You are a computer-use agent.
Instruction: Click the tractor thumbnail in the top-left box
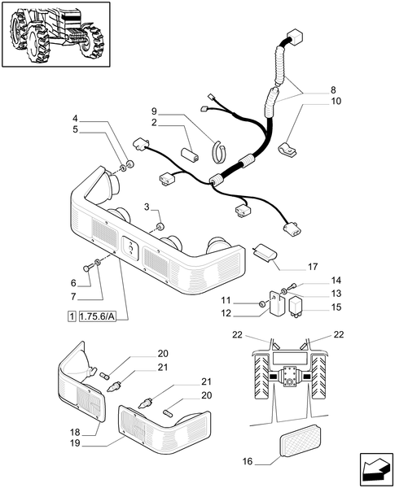(x=56, y=34)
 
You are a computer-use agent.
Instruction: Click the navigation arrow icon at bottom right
(x=376, y=469)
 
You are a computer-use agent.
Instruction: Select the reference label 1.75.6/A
(x=98, y=317)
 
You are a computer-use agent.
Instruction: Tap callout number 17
(x=313, y=267)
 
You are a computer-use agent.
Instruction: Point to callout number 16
(x=248, y=461)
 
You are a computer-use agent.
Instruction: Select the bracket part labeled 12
(x=277, y=303)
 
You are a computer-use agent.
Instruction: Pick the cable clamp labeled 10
(x=287, y=150)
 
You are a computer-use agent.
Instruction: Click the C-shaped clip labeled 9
(x=220, y=151)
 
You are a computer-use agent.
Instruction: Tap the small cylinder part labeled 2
(x=191, y=154)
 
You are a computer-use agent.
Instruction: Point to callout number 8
(x=333, y=90)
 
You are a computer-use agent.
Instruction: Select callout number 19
(x=75, y=443)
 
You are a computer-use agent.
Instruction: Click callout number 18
(x=75, y=433)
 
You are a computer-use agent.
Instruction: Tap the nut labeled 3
(x=160, y=227)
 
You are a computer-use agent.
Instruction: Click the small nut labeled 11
(x=262, y=303)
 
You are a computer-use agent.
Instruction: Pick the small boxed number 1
(x=72, y=317)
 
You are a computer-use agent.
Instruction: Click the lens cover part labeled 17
(x=266, y=252)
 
